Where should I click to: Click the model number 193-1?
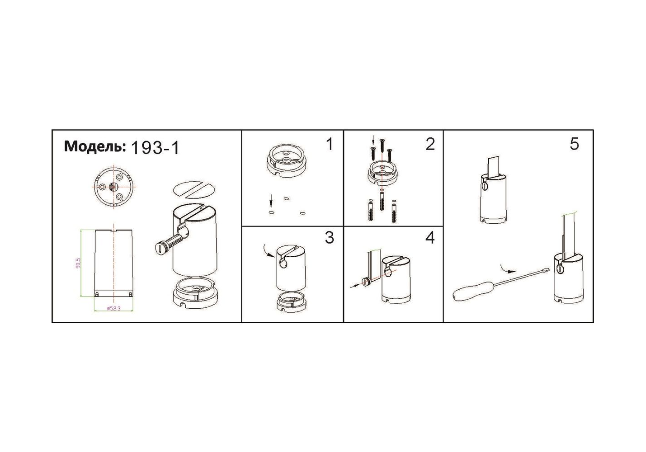155,148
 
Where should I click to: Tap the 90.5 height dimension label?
78,263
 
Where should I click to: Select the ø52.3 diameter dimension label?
113,308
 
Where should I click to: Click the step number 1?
330,144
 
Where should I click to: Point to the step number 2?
430,144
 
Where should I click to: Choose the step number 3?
330,238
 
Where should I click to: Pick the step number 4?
430,238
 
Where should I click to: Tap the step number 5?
574,144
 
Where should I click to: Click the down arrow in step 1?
271,200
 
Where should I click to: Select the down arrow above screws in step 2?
373,141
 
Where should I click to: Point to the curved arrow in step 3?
268,250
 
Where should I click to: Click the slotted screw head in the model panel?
160,247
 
